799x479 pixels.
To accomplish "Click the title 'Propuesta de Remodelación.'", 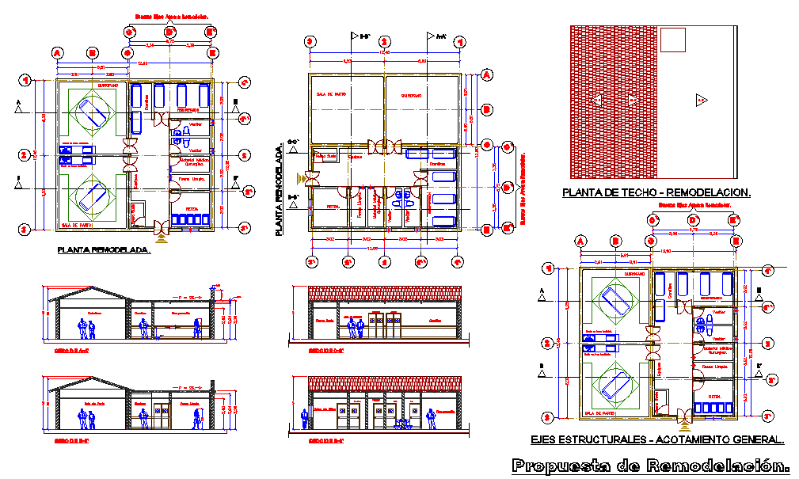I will click(651, 465).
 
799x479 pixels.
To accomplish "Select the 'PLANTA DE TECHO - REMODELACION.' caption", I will click(656, 192).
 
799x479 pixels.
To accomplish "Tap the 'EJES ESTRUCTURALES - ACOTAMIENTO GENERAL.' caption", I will click(656, 439).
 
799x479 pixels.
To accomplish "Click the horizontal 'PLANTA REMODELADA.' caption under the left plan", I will click(104, 249).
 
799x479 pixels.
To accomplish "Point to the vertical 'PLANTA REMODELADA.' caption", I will click(279, 190).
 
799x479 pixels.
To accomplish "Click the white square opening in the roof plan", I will click(672, 40).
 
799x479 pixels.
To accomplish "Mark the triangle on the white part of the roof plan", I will click(700, 99).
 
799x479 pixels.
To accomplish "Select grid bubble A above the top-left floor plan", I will click(57, 53).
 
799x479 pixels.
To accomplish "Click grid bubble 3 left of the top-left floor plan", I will click(25, 229).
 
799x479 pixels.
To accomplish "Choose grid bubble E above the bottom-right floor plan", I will click(735, 241).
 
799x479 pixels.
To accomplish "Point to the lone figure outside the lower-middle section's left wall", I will click(303, 417).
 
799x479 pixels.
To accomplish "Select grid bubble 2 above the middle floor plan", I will click(384, 42).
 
